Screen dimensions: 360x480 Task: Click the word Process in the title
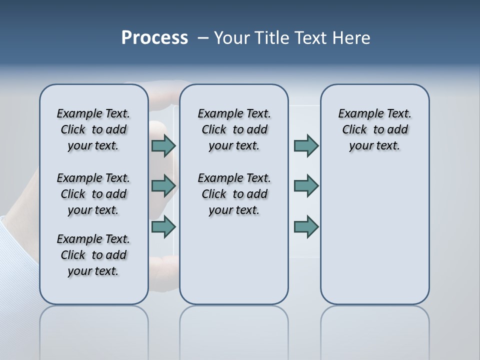(154, 37)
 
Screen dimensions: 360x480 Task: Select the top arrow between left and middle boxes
(163, 145)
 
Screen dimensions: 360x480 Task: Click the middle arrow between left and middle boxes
(163, 186)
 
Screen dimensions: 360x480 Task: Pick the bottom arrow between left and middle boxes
(163, 226)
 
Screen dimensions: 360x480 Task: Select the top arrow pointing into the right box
(306, 145)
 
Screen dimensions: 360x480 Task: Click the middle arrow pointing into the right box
(306, 186)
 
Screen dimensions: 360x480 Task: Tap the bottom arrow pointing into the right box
(306, 226)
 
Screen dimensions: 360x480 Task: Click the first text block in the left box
(93, 129)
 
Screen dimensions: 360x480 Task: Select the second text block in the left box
(93, 194)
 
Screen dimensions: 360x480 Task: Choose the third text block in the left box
(93, 255)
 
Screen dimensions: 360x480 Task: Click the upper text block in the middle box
(234, 129)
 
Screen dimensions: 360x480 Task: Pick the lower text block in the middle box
(234, 194)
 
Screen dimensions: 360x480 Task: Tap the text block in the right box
(375, 129)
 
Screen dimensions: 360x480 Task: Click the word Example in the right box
(356, 114)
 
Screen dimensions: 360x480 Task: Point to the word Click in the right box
(354, 130)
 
